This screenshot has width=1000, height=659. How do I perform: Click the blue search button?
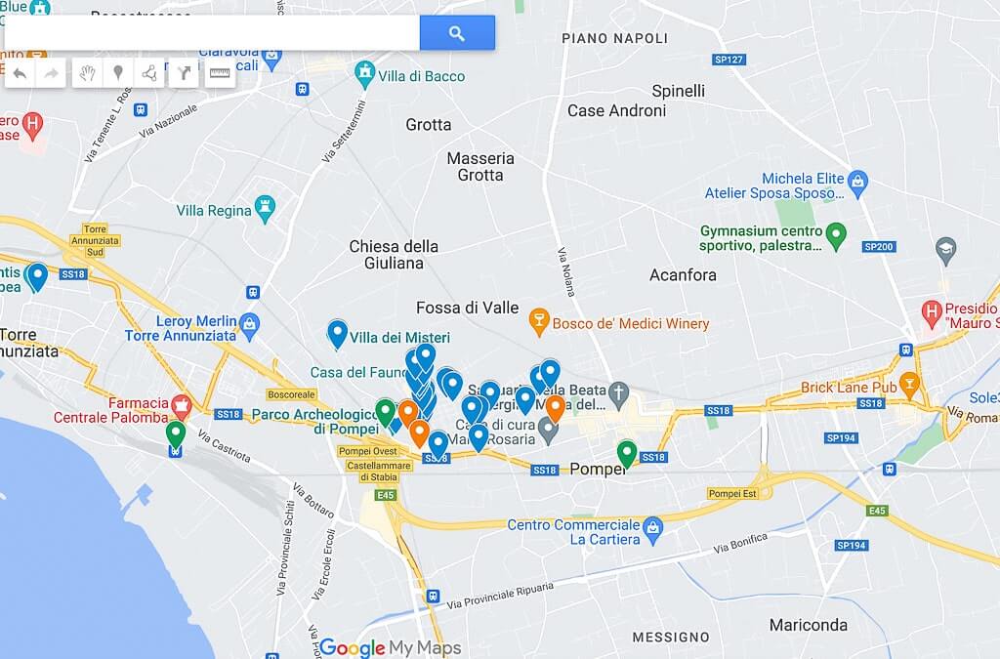pyautogui.click(x=457, y=33)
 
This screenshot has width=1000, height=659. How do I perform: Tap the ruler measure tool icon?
pyautogui.click(x=221, y=73)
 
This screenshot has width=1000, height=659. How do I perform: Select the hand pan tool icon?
pyautogui.click(x=87, y=73)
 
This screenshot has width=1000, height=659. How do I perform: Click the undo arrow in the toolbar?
pyautogui.click(x=20, y=73)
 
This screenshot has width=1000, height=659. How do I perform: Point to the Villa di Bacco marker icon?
pyautogui.click(x=365, y=71)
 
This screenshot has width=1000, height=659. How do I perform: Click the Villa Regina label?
pyautogui.click(x=214, y=210)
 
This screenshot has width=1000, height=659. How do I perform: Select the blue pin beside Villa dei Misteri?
pyautogui.click(x=337, y=333)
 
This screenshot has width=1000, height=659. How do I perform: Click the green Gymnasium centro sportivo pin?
pyautogui.click(x=836, y=234)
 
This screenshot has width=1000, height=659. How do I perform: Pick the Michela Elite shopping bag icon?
pyautogui.click(x=857, y=180)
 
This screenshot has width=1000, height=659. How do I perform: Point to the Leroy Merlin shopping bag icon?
pyautogui.click(x=250, y=321)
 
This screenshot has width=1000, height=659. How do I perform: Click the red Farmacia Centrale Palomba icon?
pyautogui.click(x=181, y=404)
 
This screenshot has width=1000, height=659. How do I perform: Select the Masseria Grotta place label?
pyautogui.click(x=480, y=167)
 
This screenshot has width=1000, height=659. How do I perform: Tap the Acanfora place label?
pyautogui.click(x=683, y=275)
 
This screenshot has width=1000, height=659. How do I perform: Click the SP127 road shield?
pyautogui.click(x=729, y=60)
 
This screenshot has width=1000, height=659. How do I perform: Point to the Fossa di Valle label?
pyautogui.click(x=467, y=308)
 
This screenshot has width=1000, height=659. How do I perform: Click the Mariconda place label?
pyautogui.click(x=808, y=625)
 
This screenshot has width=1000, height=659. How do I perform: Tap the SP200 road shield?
pyautogui.click(x=879, y=247)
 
